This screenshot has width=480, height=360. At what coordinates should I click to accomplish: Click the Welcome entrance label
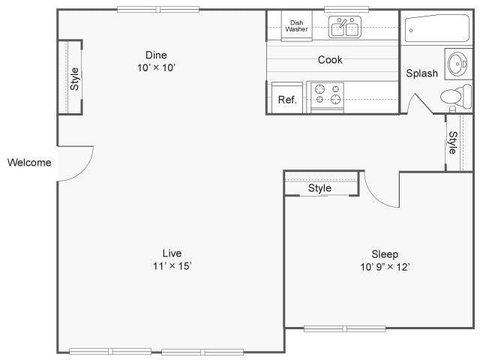[29, 163]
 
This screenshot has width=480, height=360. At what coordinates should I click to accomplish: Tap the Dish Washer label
[296, 25]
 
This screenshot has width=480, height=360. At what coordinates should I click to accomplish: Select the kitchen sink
[345, 28]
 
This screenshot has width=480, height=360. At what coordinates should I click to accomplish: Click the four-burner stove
[327, 94]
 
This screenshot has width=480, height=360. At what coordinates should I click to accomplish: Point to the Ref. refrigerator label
[286, 100]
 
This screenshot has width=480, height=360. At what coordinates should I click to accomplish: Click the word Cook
[330, 60]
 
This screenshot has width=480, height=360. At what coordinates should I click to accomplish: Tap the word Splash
[421, 73]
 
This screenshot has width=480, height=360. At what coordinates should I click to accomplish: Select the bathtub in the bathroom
[436, 28]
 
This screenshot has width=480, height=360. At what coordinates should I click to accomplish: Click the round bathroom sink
[455, 64]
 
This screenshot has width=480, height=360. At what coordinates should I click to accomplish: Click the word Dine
[156, 55]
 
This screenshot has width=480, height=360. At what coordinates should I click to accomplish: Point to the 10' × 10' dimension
[156, 67]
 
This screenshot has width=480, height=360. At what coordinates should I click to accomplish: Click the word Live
[172, 253]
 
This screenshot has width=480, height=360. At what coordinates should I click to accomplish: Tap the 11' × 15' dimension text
[172, 266]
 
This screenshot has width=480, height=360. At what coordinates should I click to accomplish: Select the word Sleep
[385, 254]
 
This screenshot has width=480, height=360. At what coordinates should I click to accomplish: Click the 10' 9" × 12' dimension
[385, 267]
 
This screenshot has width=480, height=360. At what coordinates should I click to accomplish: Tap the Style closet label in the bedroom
[319, 188]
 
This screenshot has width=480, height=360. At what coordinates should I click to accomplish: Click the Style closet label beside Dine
[74, 79]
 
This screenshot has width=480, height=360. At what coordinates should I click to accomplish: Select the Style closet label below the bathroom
[452, 142]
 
